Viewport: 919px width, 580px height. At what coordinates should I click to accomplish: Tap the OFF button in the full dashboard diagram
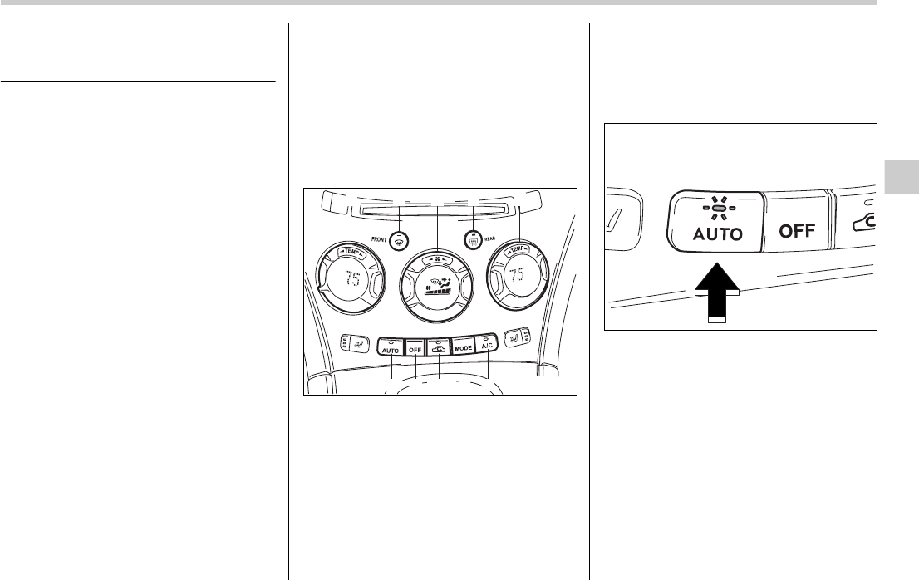tap(415, 350)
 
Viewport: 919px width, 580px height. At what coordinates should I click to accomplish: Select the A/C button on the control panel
tap(486, 346)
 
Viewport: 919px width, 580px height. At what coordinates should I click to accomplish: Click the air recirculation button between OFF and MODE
tap(439, 349)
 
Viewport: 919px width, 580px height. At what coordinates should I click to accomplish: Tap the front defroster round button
tap(400, 240)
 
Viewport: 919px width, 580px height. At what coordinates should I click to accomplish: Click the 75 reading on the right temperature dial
tap(518, 275)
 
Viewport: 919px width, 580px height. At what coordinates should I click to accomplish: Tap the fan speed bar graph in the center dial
tap(437, 291)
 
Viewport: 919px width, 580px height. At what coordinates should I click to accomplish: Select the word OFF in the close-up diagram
tap(796, 230)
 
